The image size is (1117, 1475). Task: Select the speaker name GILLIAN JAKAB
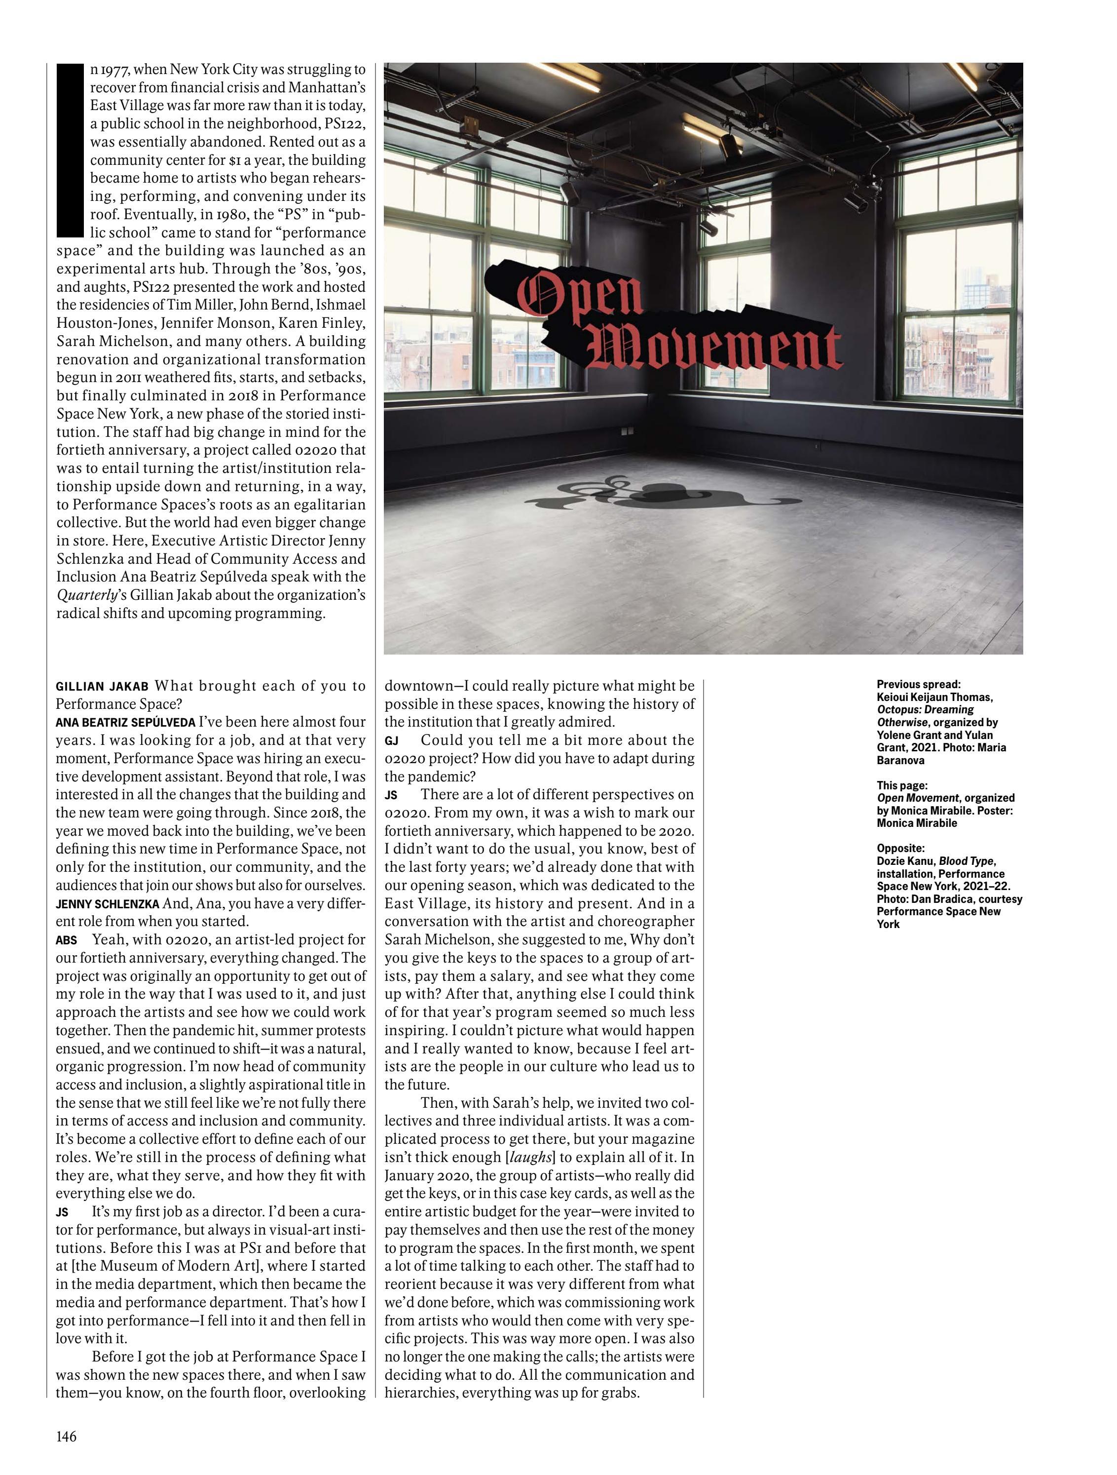tap(103, 687)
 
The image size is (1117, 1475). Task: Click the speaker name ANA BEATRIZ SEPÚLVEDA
tap(125, 723)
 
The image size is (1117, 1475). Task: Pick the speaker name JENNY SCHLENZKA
tap(107, 904)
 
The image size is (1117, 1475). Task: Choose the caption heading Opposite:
tap(900, 848)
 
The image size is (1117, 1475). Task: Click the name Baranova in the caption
tap(900, 760)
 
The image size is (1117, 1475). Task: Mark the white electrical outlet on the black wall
tap(625, 432)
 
